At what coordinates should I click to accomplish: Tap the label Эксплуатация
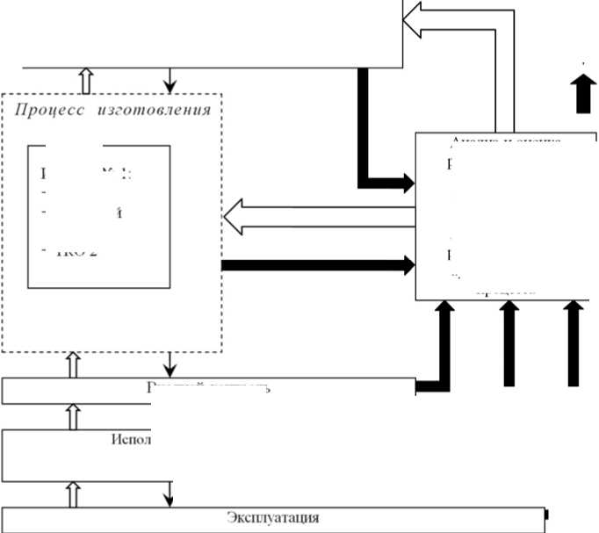[272, 517]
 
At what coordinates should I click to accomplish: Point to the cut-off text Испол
[132, 438]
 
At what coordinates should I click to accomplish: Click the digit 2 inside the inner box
[92, 252]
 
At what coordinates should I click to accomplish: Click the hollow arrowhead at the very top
[414, 18]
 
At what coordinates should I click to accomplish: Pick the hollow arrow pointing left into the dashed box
[237, 216]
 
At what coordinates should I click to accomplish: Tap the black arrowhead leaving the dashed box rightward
[407, 263]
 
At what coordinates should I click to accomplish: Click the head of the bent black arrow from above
[405, 183]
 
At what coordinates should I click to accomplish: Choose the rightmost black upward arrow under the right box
[574, 316]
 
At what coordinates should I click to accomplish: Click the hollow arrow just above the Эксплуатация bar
[74, 496]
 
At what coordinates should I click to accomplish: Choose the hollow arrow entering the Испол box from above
[74, 417]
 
